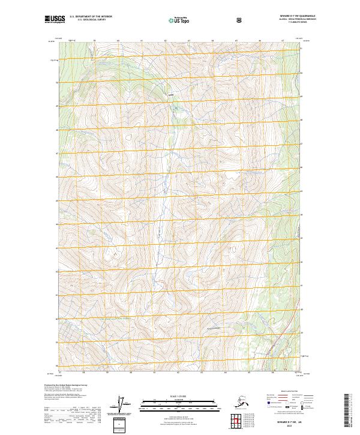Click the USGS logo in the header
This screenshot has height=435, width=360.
coord(54,20)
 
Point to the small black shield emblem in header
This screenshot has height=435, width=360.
coord(239,20)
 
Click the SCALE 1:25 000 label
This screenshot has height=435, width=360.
coord(179,396)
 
